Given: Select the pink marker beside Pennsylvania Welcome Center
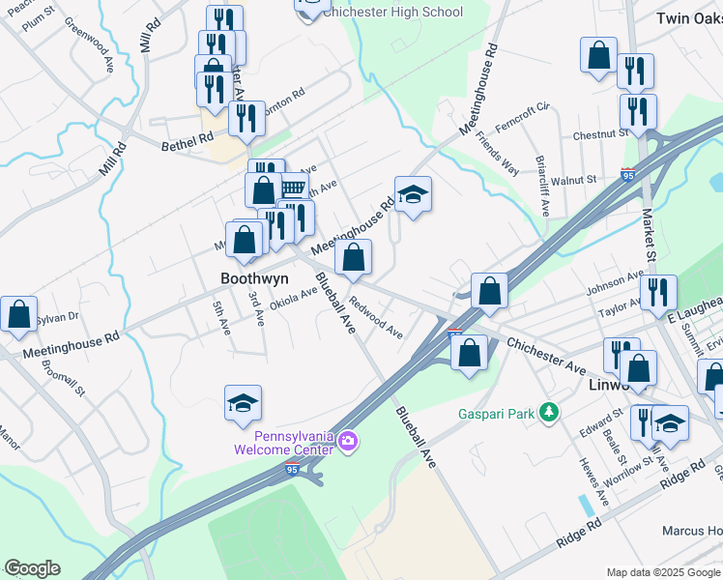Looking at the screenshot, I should coord(348,444).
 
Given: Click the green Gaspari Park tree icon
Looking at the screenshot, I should coord(549,414).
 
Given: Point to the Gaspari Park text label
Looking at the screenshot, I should coord(496,414).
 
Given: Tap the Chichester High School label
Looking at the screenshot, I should coord(392,13).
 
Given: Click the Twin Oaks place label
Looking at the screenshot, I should coord(688,18).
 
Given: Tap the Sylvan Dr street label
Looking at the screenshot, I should coord(57,317).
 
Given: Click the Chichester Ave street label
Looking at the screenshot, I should coord(546,357).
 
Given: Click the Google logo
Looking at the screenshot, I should coord(32,568).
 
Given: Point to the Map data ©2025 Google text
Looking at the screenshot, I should coord(663,572).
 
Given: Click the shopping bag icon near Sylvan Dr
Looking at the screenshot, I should coord(18,315).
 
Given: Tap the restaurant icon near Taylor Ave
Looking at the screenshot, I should coord(658,292).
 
